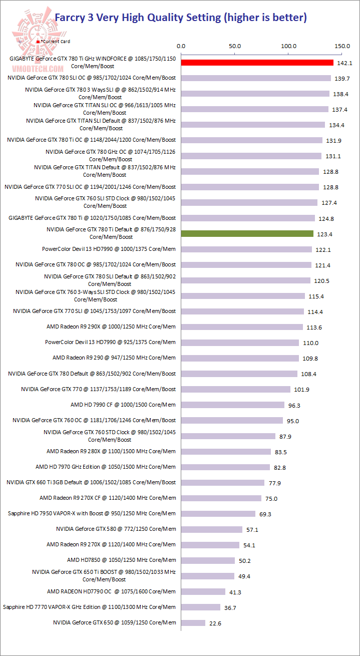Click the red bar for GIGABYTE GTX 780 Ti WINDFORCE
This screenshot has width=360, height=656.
(x=257, y=63)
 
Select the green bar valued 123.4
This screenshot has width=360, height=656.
(x=247, y=233)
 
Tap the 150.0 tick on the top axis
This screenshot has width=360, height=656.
(x=342, y=46)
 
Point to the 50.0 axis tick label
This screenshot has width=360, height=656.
(x=235, y=46)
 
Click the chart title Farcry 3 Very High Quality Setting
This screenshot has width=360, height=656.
(x=180, y=18)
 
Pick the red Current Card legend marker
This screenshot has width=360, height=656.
(x=39, y=42)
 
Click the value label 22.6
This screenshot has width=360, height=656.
(x=216, y=623)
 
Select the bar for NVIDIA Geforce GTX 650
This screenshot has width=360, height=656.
(x=193, y=622)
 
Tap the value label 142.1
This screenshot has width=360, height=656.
(x=344, y=63)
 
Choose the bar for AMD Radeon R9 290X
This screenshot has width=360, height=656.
(x=242, y=327)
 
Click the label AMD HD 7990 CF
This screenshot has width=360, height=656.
(x=123, y=405)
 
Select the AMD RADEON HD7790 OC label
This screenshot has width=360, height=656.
(x=111, y=591)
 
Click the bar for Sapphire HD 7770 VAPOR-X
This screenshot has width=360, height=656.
(x=201, y=607)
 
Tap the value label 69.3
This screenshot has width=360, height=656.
(x=266, y=514)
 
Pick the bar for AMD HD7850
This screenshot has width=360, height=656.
(x=208, y=560)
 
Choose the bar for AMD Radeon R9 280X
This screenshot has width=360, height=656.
(x=226, y=452)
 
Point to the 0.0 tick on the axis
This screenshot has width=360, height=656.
(x=181, y=46)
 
